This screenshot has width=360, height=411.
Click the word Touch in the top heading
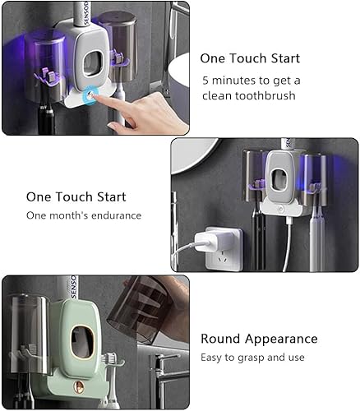click(x=247, y=58)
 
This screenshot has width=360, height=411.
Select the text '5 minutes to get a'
click(x=251, y=80)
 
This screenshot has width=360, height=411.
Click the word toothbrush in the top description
click(x=264, y=95)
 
